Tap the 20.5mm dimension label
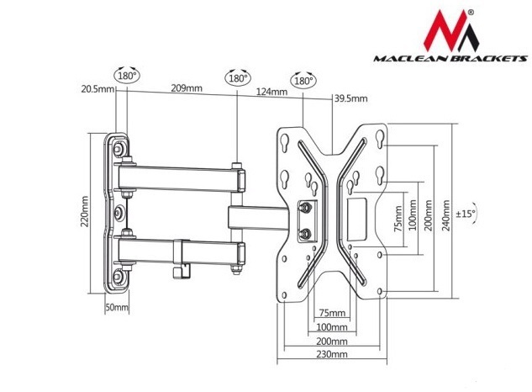click(97, 88)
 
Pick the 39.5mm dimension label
click(350, 99)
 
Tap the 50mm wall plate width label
click(117, 308)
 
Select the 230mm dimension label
click(332, 355)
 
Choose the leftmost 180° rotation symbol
click(129, 75)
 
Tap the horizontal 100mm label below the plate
click(332, 327)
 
